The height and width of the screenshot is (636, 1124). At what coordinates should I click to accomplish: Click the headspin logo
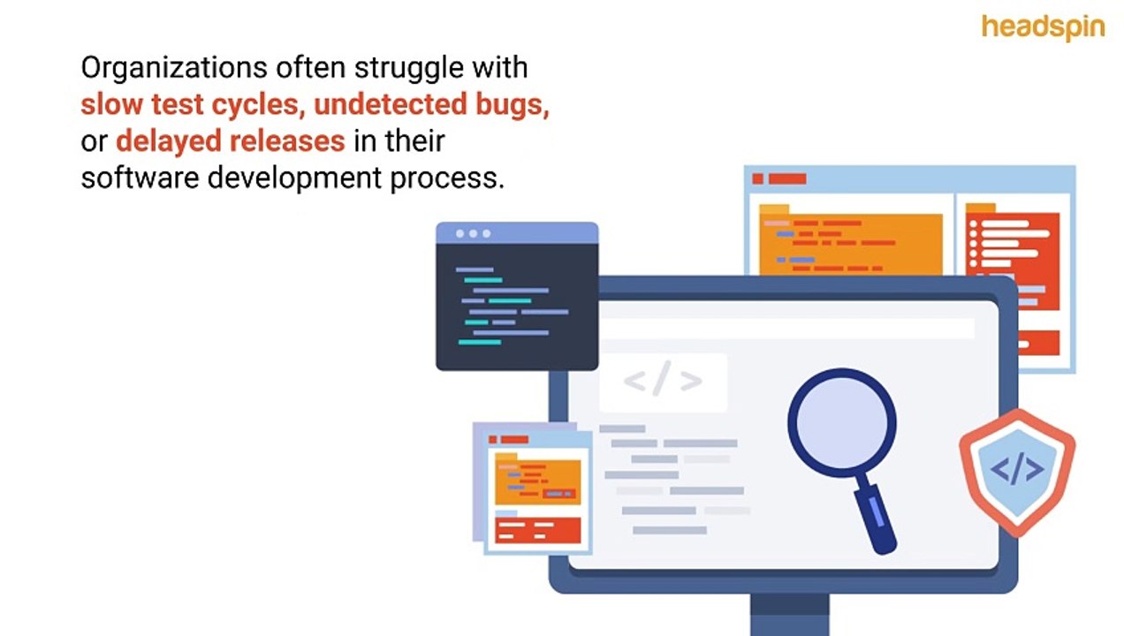click(1043, 26)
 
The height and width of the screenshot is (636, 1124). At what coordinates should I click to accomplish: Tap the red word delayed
click(168, 140)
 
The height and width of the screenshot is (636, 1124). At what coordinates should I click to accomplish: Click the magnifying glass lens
click(841, 421)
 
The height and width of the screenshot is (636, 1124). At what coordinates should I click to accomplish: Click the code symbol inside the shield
click(1017, 469)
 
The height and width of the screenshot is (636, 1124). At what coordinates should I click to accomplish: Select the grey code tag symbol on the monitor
click(663, 382)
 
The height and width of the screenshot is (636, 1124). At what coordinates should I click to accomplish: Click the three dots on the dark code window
click(474, 233)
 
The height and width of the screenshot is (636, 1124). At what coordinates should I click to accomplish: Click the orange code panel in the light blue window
click(850, 242)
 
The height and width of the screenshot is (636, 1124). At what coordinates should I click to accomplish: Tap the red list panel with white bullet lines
click(1012, 261)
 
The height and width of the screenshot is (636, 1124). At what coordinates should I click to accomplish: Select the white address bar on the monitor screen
click(786, 329)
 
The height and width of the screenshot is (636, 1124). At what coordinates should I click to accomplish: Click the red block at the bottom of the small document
click(537, 530)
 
